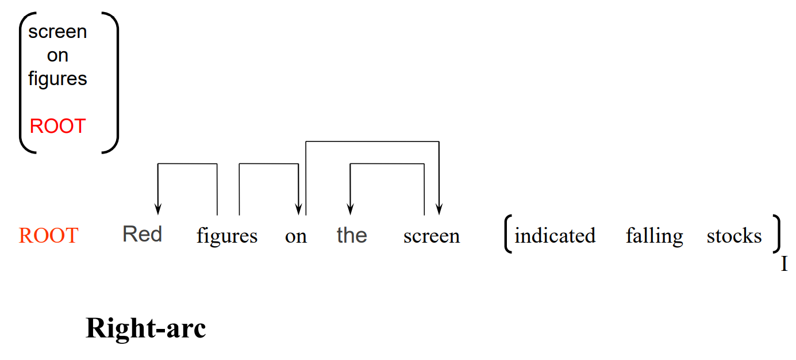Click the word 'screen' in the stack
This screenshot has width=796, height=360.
(57, 32)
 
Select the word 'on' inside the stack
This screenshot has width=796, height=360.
(57, 55)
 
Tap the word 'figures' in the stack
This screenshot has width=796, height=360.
(57, 79)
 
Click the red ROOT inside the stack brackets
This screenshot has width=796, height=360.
(57, 126)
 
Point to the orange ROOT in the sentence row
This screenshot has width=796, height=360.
(48, 235)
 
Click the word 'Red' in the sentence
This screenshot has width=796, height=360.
(142, 234)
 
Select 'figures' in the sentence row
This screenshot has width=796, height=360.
(227, 236)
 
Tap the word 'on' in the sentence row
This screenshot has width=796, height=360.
(295, 236)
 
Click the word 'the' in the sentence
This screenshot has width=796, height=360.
(352, 235)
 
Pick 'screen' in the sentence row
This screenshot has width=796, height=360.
(432, 236)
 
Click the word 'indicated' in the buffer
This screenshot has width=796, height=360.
(555, 235)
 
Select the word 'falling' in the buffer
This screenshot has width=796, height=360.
(654, 236)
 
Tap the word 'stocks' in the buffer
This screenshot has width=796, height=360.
(734, 235)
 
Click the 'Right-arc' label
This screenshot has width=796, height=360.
(146, 328)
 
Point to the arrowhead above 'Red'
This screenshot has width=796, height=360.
(158, 209)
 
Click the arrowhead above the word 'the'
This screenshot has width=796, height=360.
(351, 209)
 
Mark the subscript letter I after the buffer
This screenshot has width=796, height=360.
(784, 264)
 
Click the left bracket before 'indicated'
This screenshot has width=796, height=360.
(507, 233)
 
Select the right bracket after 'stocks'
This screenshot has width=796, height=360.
(777, 233)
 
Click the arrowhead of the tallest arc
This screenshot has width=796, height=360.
(439, 209)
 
